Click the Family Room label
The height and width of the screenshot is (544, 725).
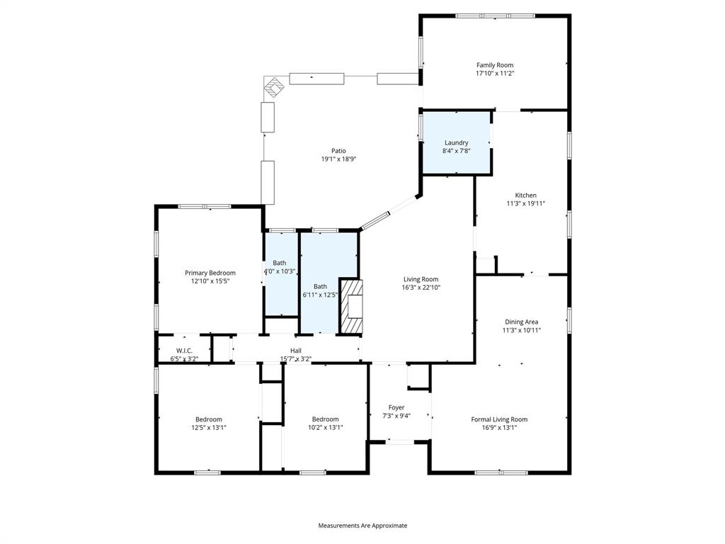tap(494, 65)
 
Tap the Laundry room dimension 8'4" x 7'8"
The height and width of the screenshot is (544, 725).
tap(456, 151)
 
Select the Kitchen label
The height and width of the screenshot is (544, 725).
tap(525, 195)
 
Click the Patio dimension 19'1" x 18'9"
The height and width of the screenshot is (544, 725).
tap(338, 159)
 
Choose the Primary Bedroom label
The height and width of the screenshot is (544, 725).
tap(210, 273)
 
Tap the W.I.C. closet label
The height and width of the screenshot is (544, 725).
tap(184, 351)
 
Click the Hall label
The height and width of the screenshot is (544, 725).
tap(296, 351)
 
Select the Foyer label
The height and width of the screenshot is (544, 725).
tap(396, 407)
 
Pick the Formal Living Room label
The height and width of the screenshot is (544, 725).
tap(499, 419)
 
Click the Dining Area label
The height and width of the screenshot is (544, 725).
tap(521, 322)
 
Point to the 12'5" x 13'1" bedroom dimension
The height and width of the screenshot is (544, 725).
tap(209, 427)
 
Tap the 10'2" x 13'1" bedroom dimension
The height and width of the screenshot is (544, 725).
tap(325, 427)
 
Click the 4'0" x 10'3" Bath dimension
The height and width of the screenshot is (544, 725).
tap(280, 271)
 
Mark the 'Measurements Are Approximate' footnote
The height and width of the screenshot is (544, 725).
tap(362, 526)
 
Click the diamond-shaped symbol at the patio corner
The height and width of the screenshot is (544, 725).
tap(275, 87)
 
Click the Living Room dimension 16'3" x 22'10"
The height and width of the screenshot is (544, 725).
tap(421, 288)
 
